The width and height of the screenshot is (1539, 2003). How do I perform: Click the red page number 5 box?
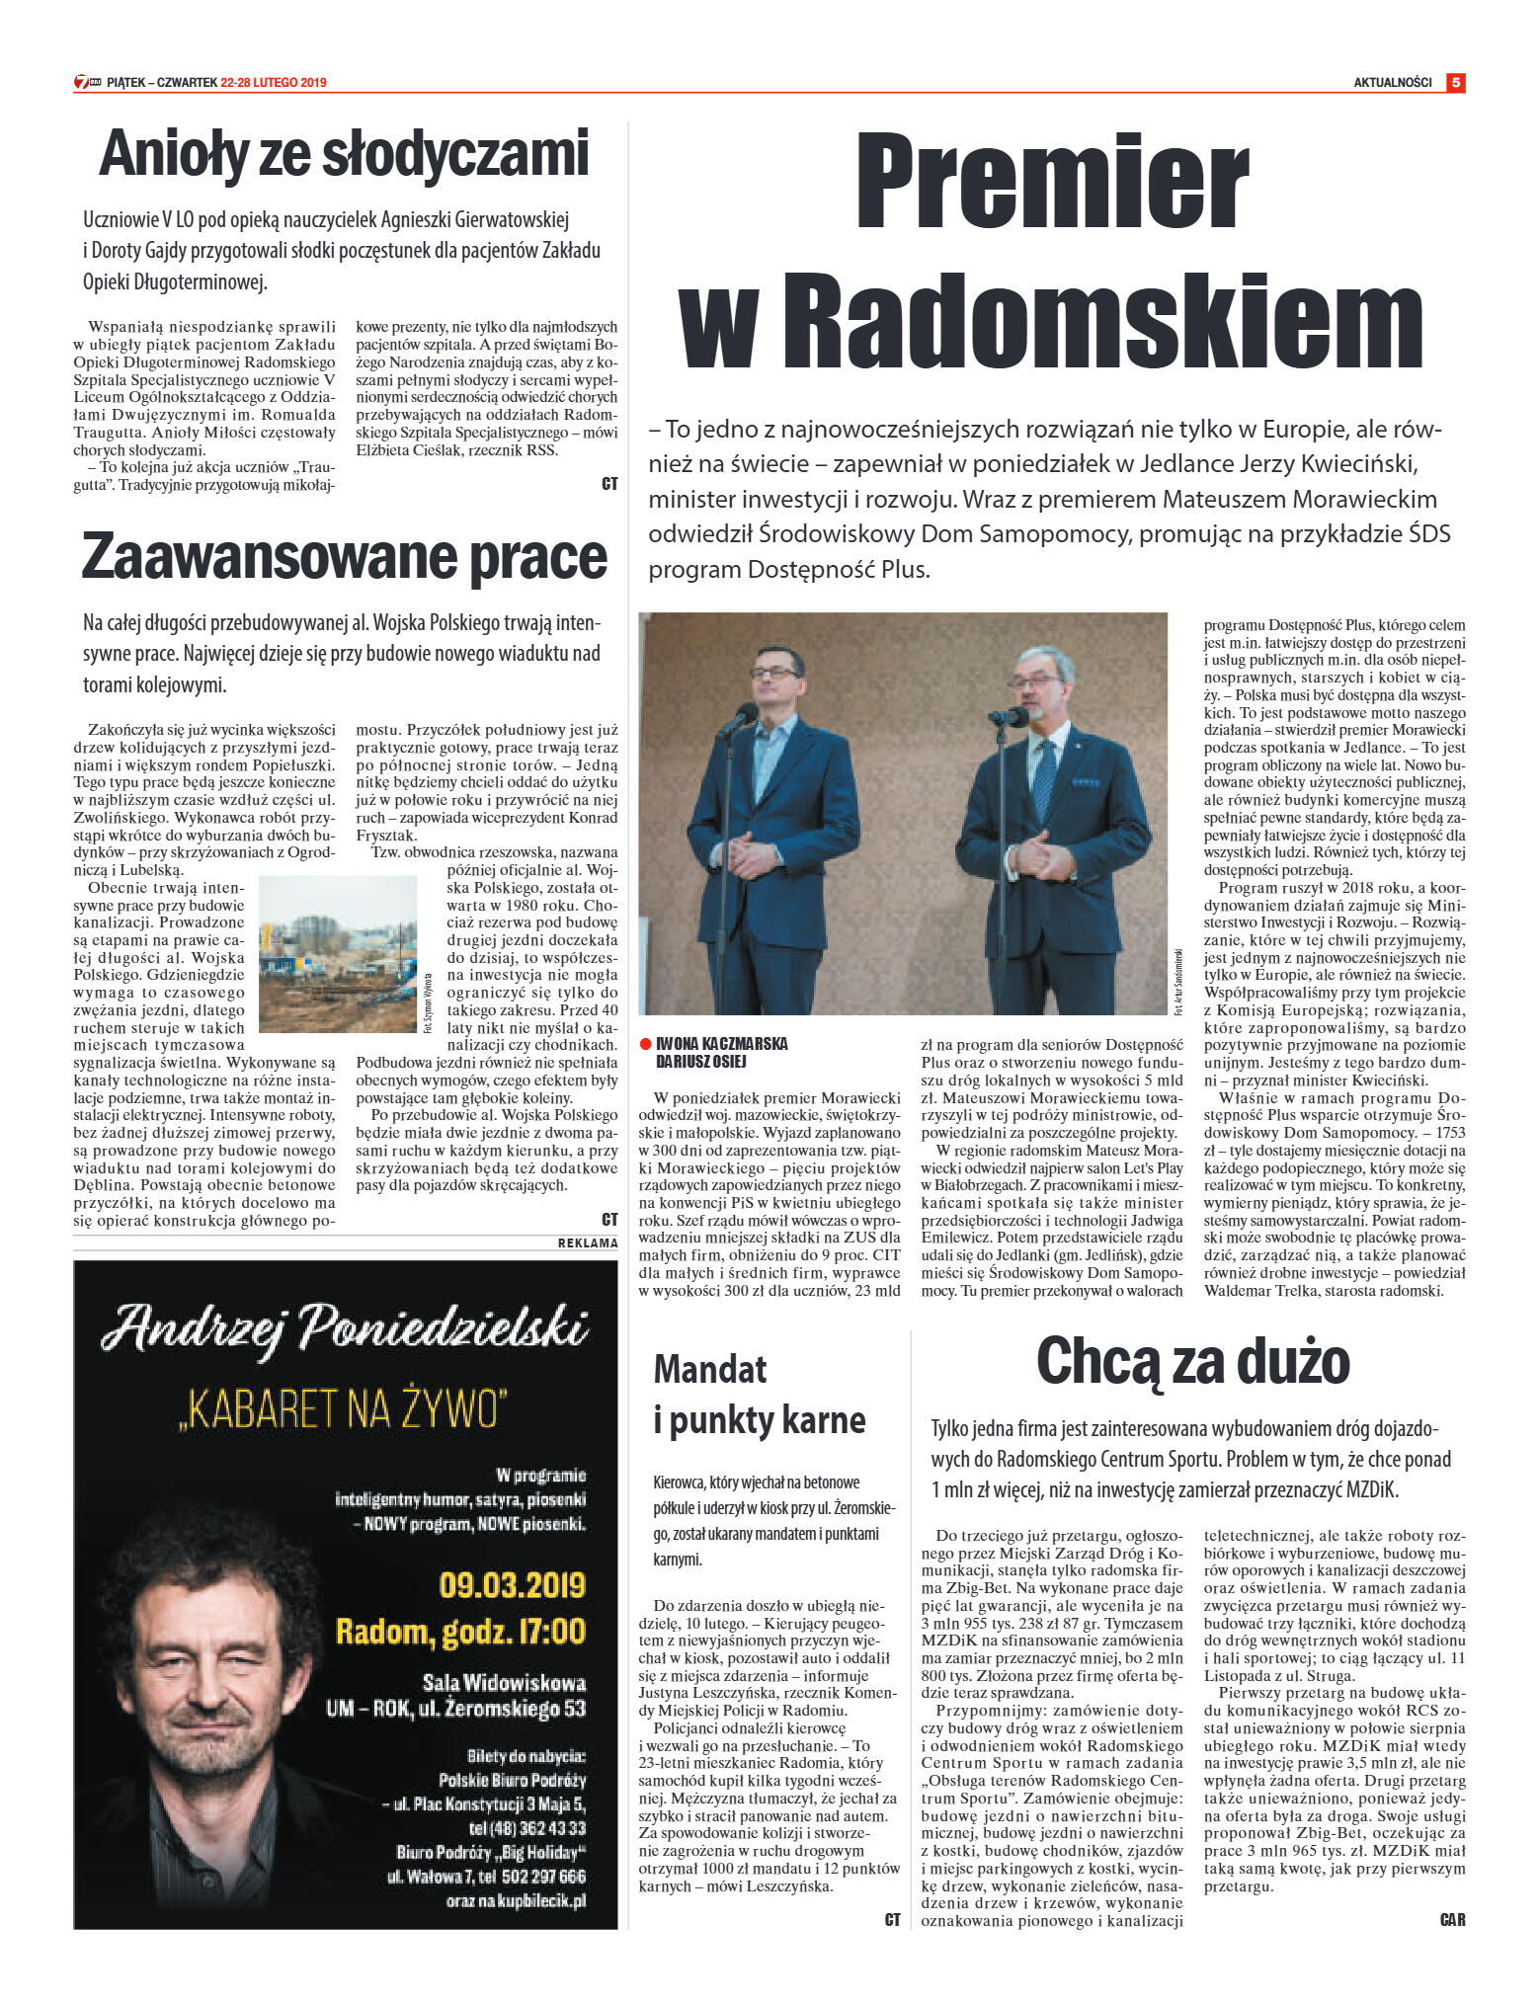click(1455, 83)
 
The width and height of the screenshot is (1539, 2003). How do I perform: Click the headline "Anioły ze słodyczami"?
click(344, 154)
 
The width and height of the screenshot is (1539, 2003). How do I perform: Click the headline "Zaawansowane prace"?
click(344, 557)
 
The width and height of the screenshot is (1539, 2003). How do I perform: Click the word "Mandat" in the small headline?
click(710, 1369)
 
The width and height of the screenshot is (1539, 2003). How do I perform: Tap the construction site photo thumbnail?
click(338, 953)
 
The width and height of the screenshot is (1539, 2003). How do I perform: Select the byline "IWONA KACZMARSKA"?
click(721, 1044)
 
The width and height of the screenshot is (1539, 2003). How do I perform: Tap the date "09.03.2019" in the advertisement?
click(512, 1585)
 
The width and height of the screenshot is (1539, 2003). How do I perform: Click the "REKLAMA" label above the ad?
click(588, 1243)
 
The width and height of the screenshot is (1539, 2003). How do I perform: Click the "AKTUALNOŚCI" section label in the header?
click(1392, 83)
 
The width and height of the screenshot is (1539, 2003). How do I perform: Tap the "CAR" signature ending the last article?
click(1452, 1920)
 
